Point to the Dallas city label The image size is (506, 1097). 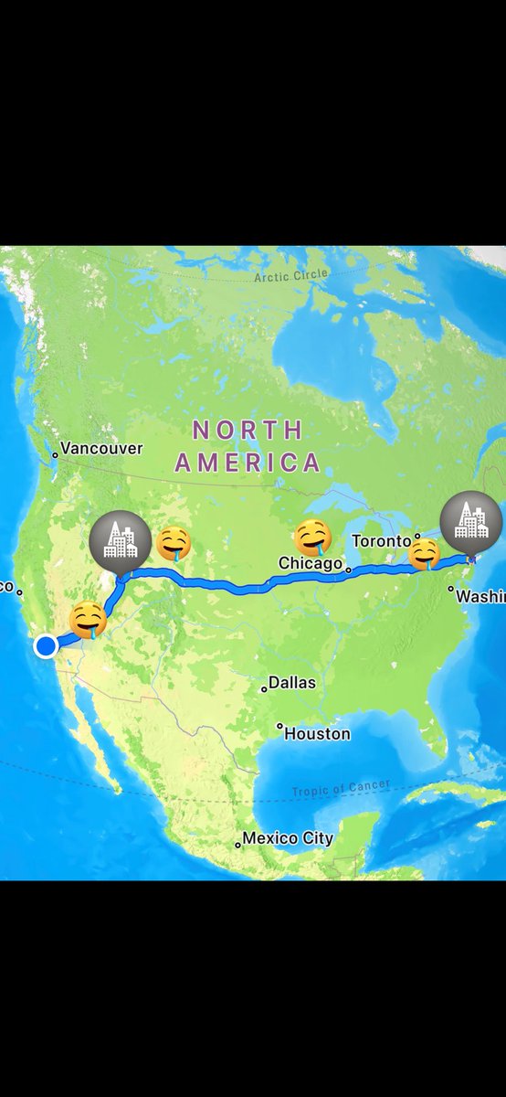(292, 683)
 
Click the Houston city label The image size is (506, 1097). (317, 733)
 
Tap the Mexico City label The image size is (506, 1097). (288, 838)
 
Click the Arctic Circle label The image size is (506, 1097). (291, 275)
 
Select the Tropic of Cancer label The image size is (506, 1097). (341, 788)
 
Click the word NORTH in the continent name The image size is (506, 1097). (247, 430)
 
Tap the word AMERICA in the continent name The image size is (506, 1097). (248, 463)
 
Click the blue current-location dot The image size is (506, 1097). (47, 646)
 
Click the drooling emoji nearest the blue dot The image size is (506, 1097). (89, 620)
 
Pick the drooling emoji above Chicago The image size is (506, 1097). (313, 538)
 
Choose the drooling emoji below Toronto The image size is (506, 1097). (425, 554)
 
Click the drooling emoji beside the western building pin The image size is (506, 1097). (174, 544)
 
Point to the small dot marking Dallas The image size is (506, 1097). (264, 688)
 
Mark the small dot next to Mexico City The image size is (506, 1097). (237, 845)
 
